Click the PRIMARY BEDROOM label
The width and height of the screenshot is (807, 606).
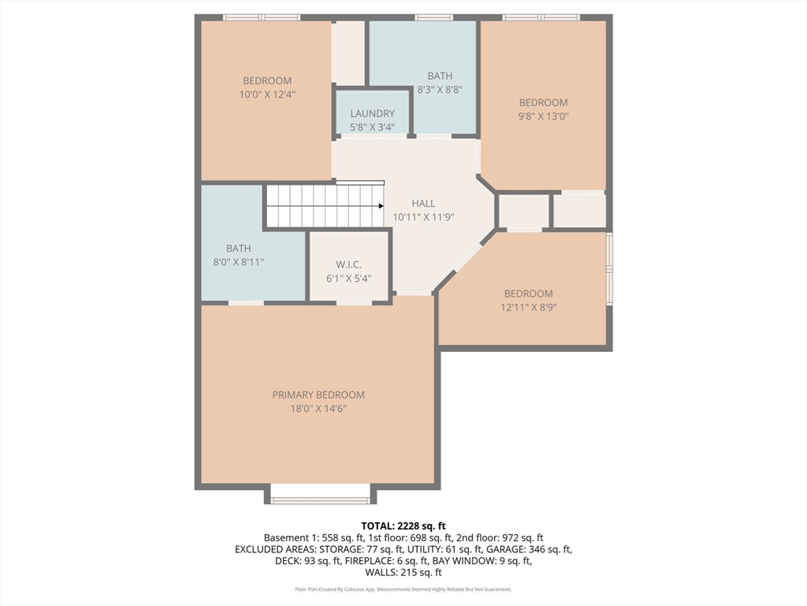pyautogui.click(x=318, y=395)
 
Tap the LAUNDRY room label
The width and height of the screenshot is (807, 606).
pyautogui.click(x=372, y=114)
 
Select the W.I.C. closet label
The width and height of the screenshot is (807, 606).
pyautogui.click(x=348, y=264)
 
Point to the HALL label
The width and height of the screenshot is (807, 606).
pyautogui.click(x=423, y=204)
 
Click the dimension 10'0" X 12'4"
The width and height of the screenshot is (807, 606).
pyautogui.click(x=267, y=95)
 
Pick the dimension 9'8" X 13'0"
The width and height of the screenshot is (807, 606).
pyautogui.click(x=543, y=116)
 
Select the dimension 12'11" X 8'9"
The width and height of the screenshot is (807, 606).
pyautogui.click(x=529, y=308)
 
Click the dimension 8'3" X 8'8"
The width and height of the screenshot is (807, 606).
pyautogui.click(x=440, y=89)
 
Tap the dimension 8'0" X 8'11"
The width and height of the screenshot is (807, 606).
pyautogui.click(x=238, y=262)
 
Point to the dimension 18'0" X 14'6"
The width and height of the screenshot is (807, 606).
pyautogui.click(x=318, y=409)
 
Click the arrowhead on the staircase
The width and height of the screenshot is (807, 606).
pyautogui.click(x=381, y=206)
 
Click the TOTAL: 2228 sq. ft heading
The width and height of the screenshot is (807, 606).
pyautogui.click(x=403, y=526)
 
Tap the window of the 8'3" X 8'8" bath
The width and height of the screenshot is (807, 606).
pyautogui.click(x=434, y=17)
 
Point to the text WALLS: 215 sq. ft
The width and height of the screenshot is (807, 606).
pyautogui.click(x=403, y=572)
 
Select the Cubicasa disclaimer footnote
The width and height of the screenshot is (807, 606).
pyautogui.click(x=403, y=589)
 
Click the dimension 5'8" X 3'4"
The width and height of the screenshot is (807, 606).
pyautogui.click(x=372, y=127)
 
